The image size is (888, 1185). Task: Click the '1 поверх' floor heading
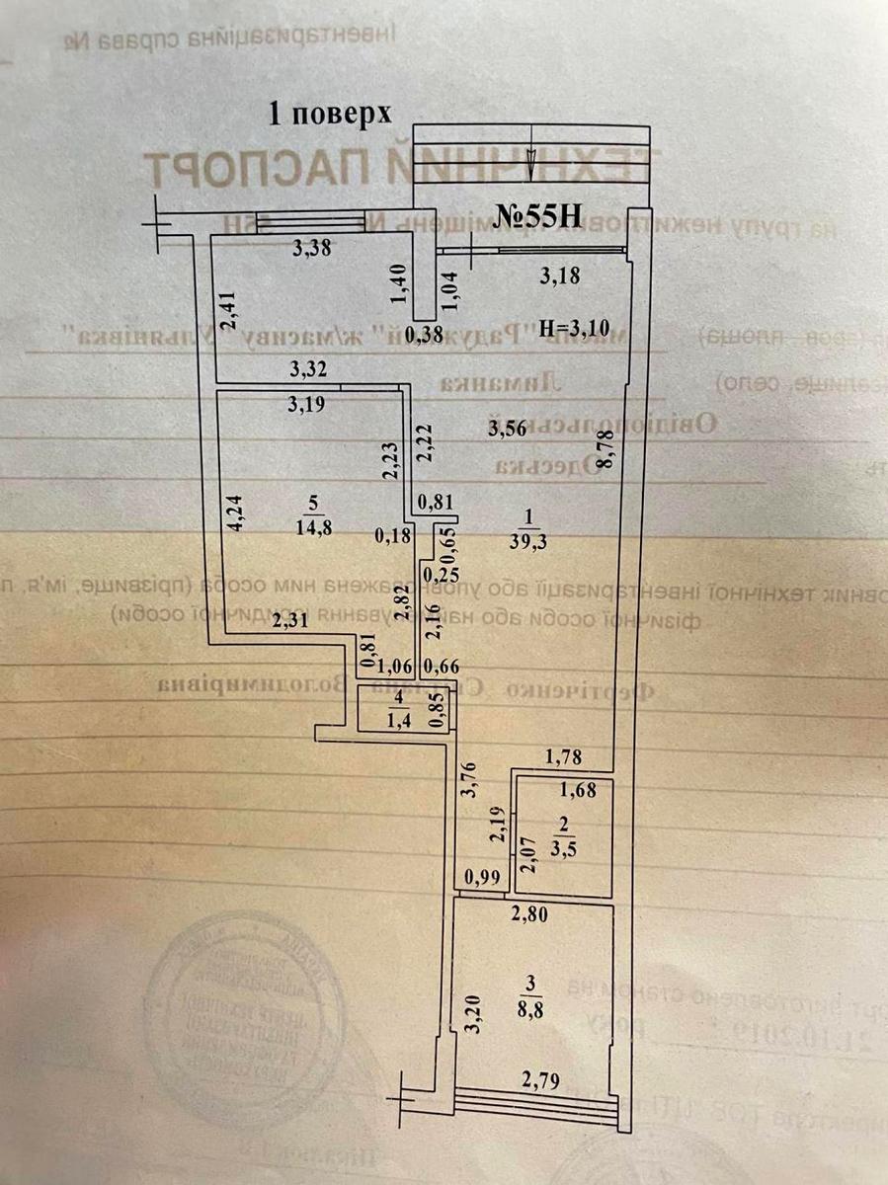[331, 114]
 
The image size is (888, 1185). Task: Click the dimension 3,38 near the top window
[312, 249]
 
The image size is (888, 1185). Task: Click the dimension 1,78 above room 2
[564, 757]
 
